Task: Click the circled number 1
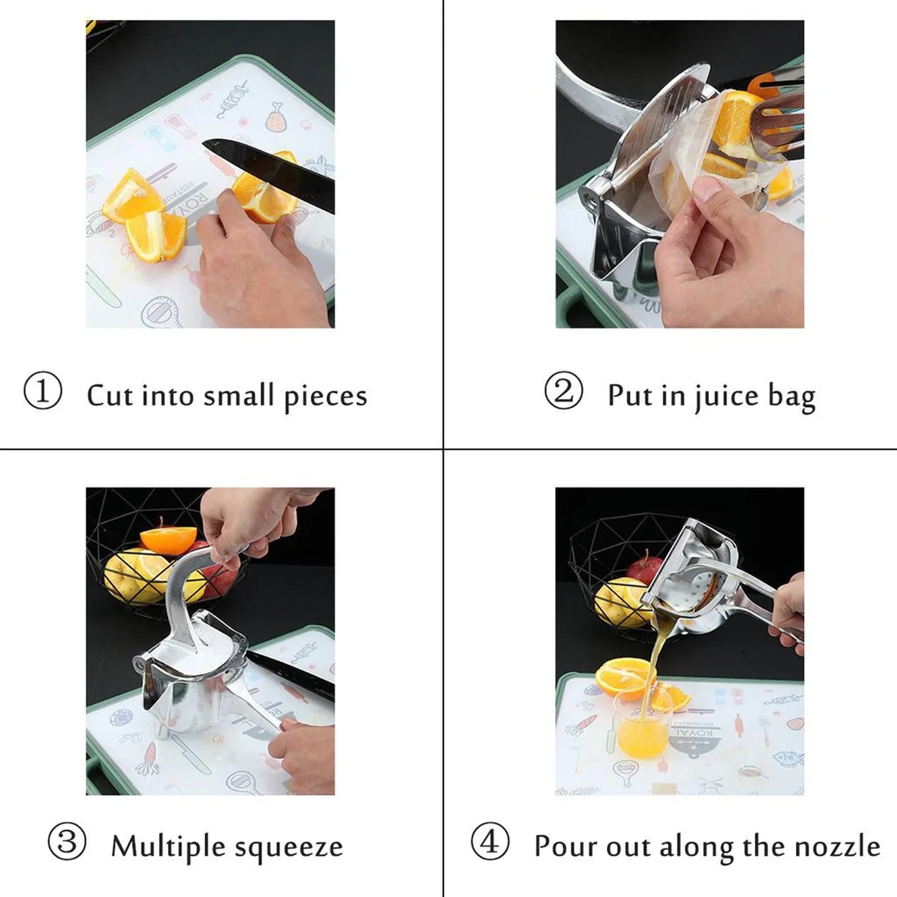coord(43,392)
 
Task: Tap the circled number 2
coord(563,392)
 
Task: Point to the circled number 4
coord(490,842)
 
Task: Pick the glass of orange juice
coord(642,729)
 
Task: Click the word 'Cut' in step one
coord(107,395)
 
